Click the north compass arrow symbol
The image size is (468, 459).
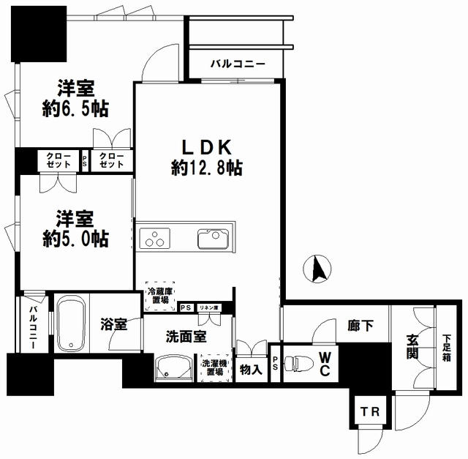tap(317, 269)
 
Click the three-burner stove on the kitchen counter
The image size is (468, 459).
tap(154, 238)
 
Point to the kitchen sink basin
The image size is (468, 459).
tap(213, 239)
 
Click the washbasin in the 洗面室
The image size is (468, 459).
tap(173, 367)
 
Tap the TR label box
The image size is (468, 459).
tap(370, 411)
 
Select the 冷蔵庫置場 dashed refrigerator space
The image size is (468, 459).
tap(160, 296)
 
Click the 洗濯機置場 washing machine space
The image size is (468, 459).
tap(214, 367)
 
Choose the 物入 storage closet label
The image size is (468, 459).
tap(251, 370)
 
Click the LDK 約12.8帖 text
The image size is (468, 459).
tap(206, 157)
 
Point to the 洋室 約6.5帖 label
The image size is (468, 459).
tap(75, 98)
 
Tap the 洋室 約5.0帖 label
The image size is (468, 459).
tap(75, 228)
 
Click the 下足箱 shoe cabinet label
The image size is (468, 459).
tap(447, 348)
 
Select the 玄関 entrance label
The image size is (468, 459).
tap(412, 347)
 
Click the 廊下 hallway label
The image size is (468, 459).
tap(361, 326)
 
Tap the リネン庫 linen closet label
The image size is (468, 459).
tap(208, 307)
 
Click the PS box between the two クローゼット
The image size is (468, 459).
tap(85, 161)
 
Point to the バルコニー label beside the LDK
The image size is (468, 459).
tap(238, 64)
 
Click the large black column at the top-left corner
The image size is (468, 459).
tap(39, 34)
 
